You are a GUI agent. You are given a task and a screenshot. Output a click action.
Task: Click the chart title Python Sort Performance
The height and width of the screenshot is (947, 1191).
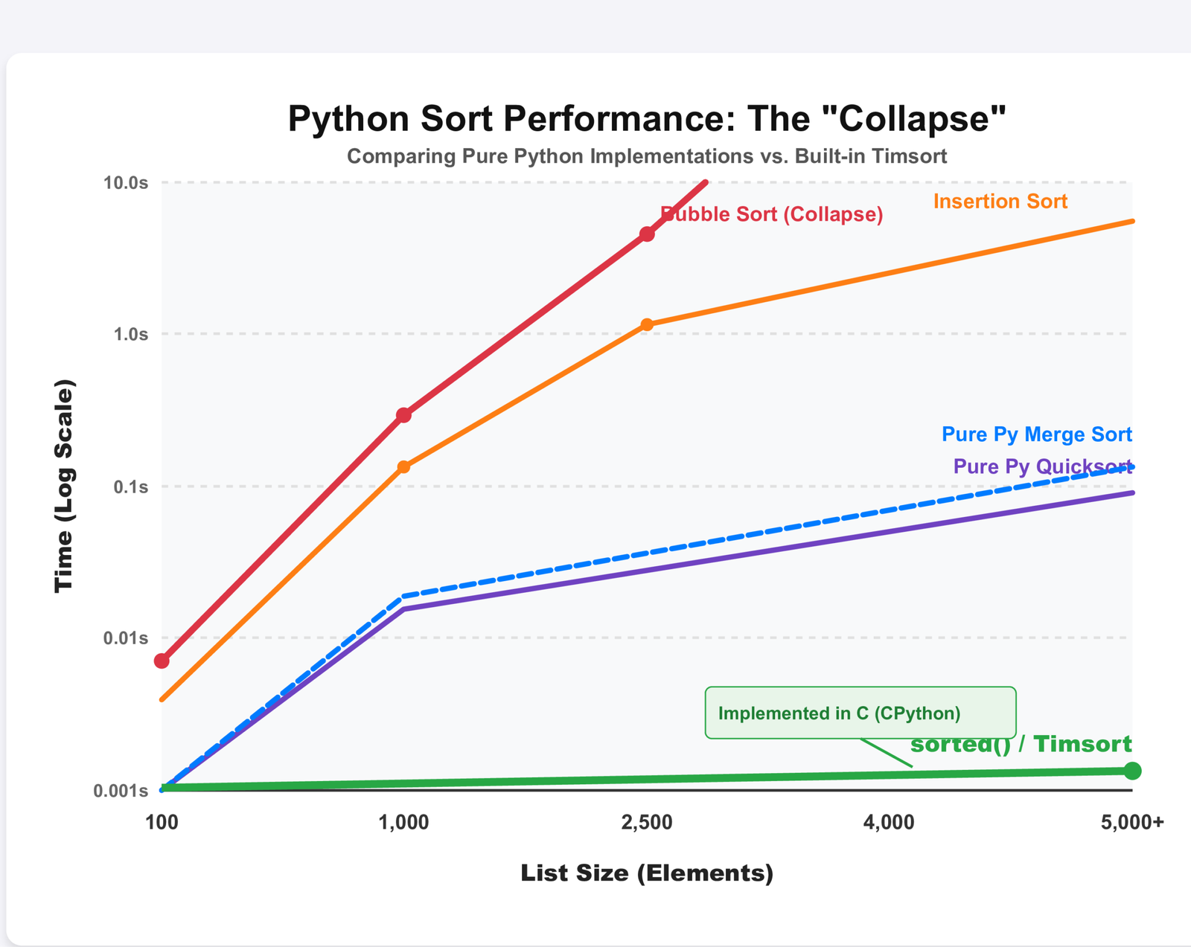tap(646, 119)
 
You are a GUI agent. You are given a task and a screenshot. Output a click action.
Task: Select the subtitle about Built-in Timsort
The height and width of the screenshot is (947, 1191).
tap(646, 157)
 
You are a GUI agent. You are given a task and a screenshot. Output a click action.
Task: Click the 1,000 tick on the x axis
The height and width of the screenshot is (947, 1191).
tap(403, 823)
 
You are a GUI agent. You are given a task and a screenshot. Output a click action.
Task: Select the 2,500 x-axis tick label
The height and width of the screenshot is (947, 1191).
tap(646, 823)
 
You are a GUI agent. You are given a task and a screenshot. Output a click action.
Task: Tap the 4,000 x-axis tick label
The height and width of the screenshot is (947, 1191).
tap(890, 823)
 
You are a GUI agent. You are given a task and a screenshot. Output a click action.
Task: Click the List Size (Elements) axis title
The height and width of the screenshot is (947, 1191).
tap(646, 873)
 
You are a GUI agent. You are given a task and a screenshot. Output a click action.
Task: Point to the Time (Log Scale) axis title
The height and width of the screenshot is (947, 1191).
tap(65, 486)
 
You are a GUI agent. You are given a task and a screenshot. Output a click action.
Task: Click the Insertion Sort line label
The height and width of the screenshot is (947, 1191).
tap(1000, 202)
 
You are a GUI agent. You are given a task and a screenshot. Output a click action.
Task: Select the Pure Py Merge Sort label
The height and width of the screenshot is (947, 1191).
tap(1036, 434)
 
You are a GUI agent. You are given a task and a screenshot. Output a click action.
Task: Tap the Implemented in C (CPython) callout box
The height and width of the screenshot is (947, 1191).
tap(860, 713)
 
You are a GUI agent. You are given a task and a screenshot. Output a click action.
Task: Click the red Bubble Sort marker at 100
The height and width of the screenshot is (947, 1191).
tap(162, 661)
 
